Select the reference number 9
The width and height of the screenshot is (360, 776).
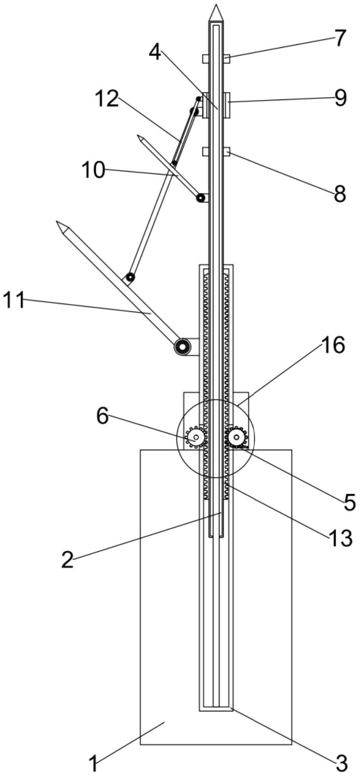(x=340, y=98)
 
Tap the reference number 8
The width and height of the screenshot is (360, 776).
(x=340, y=193)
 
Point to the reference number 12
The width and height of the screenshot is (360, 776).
(x=107, y=99)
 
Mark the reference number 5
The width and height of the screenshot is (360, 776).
(x=349, y=502)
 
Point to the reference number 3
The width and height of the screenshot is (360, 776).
(x=341, y=764)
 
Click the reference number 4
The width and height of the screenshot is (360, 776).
(x=155, y=52)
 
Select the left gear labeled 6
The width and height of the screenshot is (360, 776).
(x=195, y=437)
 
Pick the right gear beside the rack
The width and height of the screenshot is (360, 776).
(x=237, y=437)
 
